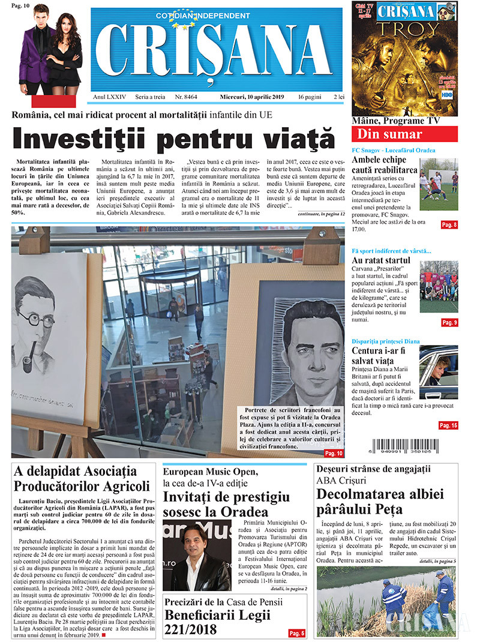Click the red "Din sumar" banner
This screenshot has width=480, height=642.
(404, 134)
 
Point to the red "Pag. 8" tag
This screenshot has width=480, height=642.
(449, 224)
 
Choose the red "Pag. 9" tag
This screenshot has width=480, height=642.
(449, 322)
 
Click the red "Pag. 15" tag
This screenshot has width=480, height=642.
(448, 425)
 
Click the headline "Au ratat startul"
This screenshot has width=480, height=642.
(381, 260)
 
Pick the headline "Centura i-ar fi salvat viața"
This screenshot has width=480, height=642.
(381, 354)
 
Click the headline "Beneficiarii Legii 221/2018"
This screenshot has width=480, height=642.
(217, 622)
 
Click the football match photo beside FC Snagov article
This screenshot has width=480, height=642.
(438, 184)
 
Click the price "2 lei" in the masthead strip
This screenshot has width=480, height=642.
(339, 97)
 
